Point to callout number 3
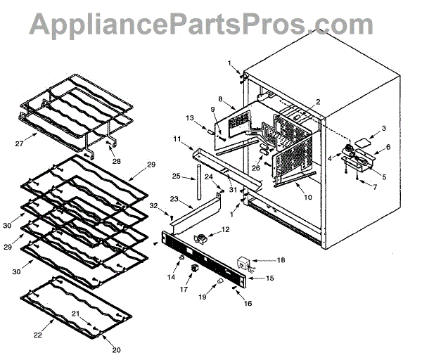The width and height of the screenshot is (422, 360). coord(384,129)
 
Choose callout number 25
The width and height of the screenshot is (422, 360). coord(176,175)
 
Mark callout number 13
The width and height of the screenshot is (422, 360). coord(188,117)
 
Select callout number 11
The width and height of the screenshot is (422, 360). coord(178,140)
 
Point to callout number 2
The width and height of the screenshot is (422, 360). coord(318,102)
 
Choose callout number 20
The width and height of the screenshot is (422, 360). coord(117,350)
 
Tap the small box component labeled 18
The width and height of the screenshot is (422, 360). coord(244,264)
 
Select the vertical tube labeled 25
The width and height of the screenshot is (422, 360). coord(198,184)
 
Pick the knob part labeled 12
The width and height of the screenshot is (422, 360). coord(204,238)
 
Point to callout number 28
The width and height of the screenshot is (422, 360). coord(117,161)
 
